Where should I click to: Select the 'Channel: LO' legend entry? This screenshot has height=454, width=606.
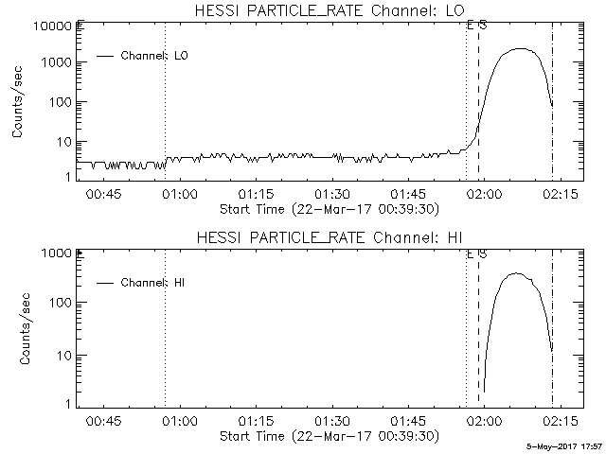(x=156, y=56)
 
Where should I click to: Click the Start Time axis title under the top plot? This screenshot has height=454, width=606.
(x=328, y=208)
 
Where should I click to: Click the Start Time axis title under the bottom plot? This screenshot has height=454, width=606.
(x=328, y=436)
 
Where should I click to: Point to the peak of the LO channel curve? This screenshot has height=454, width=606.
(x=518, y=48)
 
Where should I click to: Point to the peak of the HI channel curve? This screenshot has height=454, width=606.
(x=516, y=273)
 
